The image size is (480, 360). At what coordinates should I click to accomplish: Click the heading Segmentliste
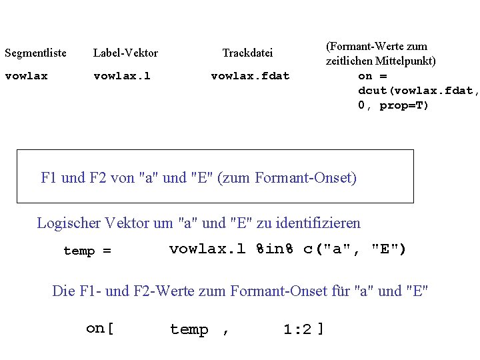[x=35, y=53]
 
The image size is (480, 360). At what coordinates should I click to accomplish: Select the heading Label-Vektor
[x=125, y=53]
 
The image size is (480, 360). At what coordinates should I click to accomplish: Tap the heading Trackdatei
[x=247, y=53]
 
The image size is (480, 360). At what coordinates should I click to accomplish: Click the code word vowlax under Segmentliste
[x=26, y=76]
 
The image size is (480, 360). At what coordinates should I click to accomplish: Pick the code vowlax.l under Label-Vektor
[x=122, y=76]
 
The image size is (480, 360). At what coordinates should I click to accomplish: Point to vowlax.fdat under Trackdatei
[x=250, y=76]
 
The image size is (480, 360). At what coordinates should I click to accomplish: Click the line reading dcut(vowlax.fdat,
[x=419, y=91]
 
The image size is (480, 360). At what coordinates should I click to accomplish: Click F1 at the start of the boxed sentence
[x=49, y=178]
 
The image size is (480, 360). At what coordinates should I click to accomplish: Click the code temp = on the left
[x=87, y=251]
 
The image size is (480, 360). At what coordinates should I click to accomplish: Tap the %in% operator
[x=275, y=249]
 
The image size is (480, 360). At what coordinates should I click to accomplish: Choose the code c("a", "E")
[x=355, y=249]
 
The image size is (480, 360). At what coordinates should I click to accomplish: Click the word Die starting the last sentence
[x=63, y=291]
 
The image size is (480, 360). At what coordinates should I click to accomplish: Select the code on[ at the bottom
[x=100, y=329]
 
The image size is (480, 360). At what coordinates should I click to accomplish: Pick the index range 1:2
[x=297, y=329]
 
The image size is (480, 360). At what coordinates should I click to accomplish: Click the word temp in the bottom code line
[x=189, y=329]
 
